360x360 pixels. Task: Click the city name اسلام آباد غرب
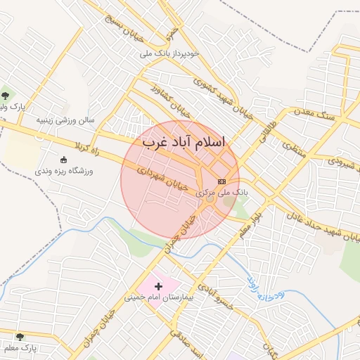click(184, 141)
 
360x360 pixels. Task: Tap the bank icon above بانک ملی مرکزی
click(222, 181)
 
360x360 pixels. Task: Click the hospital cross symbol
click(158, 286)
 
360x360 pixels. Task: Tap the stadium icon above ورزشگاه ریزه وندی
click(63, 159)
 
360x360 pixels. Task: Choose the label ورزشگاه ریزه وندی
click(63, 170)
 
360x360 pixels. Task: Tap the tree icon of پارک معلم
click(19, 337)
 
